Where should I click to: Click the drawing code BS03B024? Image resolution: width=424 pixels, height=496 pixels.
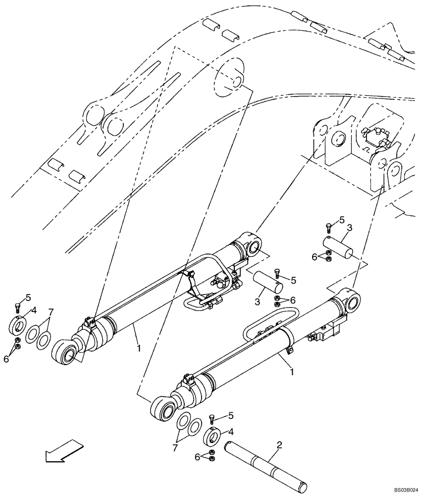[406, 488]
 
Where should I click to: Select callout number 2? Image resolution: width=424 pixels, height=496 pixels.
[279, 445]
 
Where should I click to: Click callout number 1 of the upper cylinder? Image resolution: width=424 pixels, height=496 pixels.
[139, 348]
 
